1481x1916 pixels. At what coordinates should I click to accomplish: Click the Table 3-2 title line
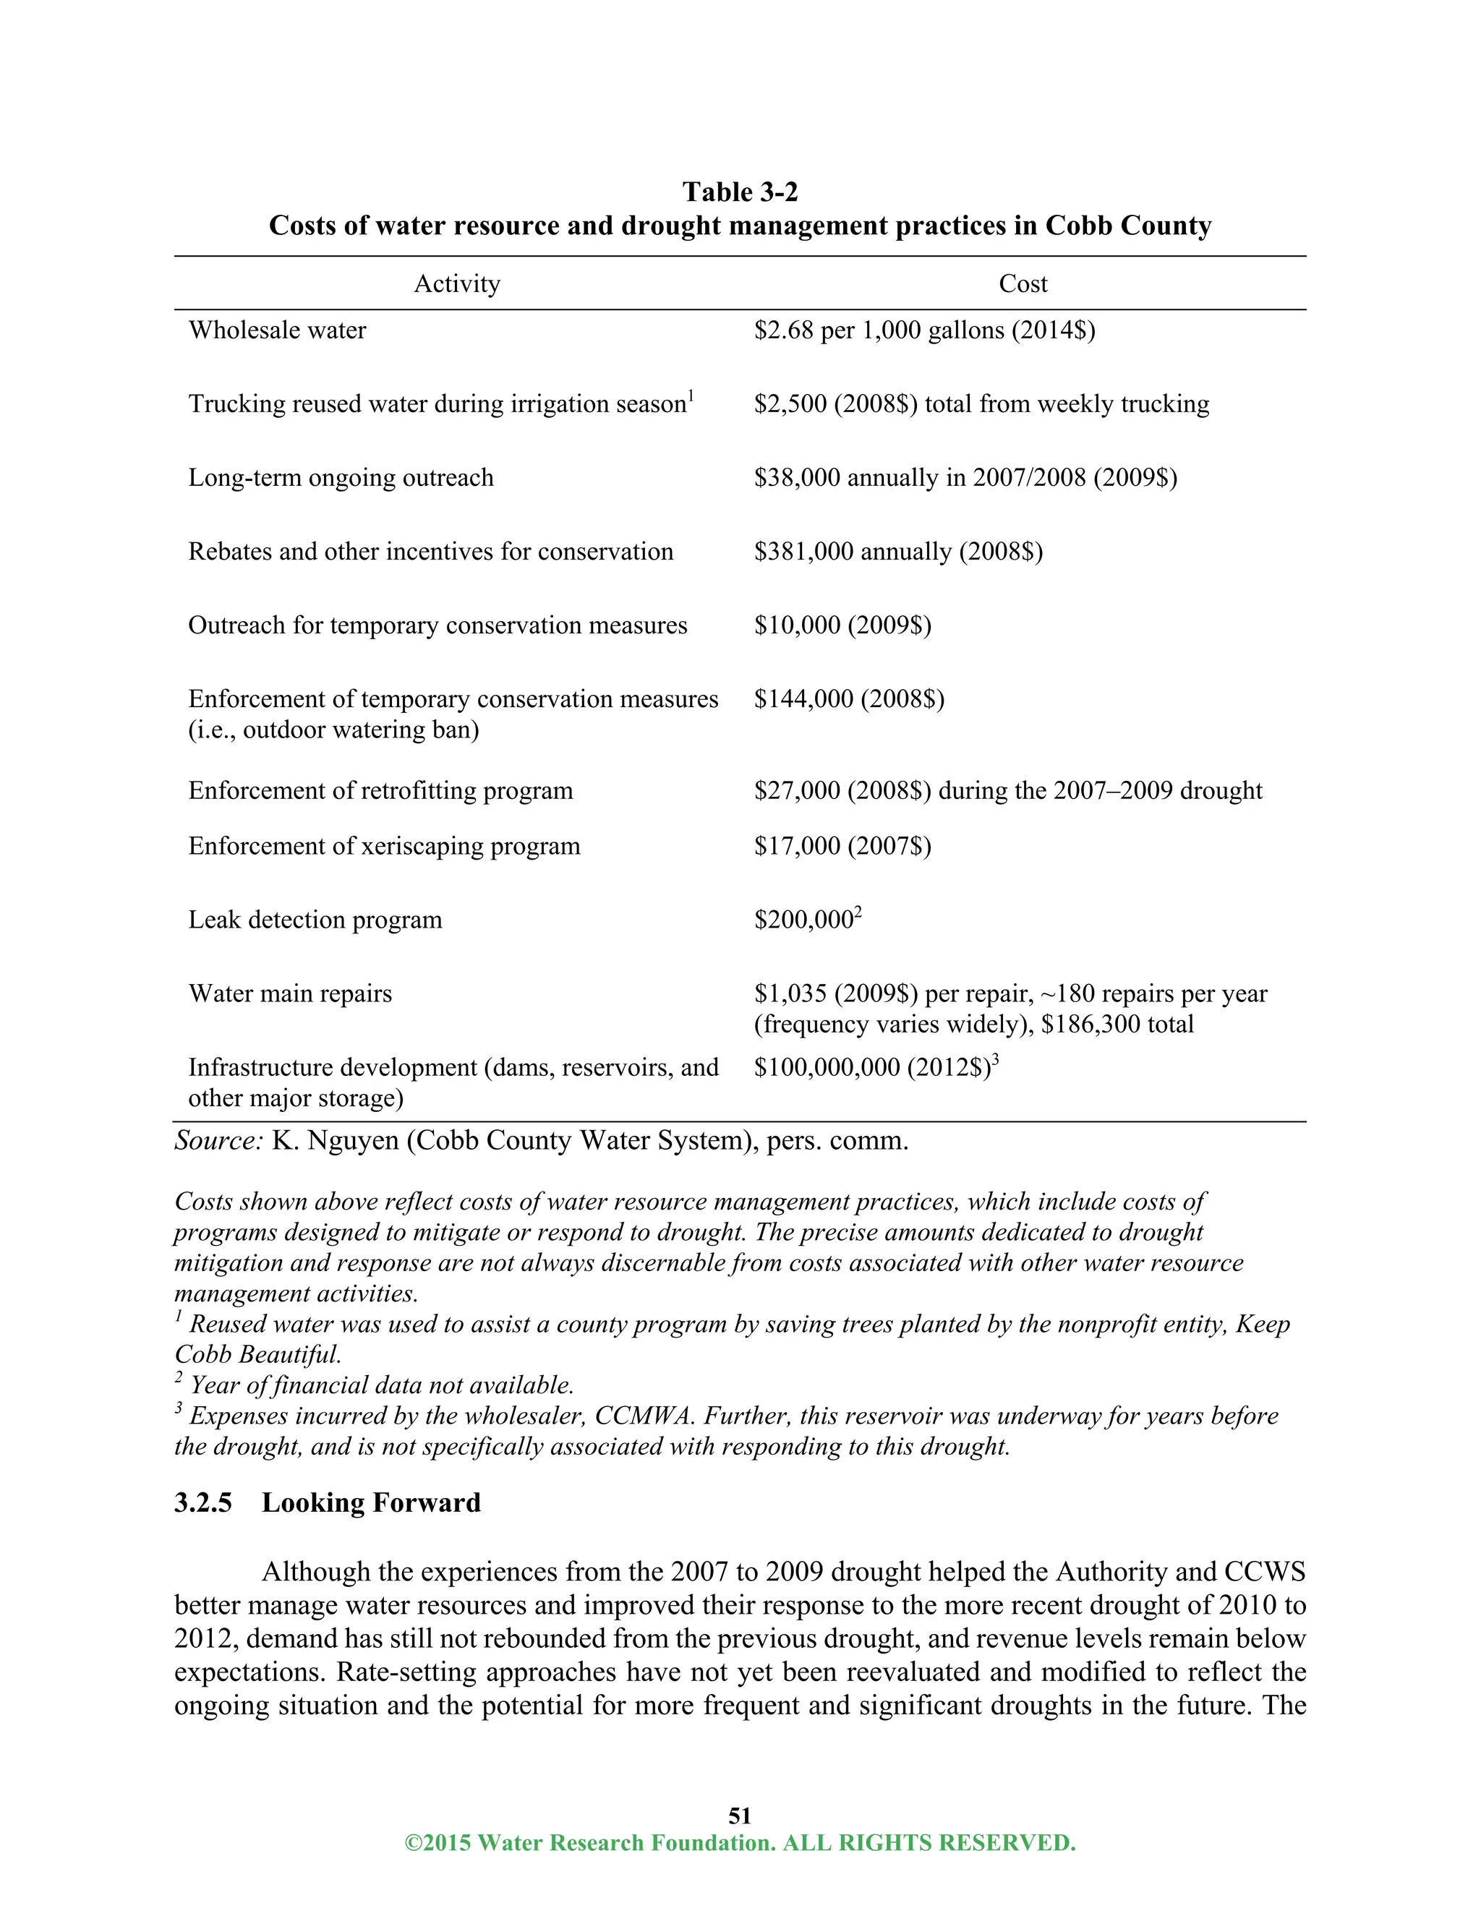click(x=740, y=192)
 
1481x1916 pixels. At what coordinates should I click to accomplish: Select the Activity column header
click(x=457, y=283)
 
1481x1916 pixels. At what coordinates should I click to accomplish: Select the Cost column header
click(x=1023, y=283)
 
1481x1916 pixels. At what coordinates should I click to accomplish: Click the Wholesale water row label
click(x=277, y=330)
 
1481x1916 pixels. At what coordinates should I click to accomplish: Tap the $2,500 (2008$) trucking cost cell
click(x=981, y=403)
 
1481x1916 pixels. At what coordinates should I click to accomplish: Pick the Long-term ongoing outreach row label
click(x=341, y=477)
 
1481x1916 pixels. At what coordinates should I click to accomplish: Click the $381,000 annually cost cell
click(x=897, y=551)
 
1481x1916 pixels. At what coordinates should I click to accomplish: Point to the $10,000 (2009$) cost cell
click(x=842, y=625)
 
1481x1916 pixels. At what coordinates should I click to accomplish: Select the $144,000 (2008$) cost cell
click(x=848, y=698)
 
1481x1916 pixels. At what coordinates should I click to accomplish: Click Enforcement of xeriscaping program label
click(x=384, y=846)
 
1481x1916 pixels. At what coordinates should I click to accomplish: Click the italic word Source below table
click(x=218, y=1140)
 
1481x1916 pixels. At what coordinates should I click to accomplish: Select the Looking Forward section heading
click(x=371, y=1503)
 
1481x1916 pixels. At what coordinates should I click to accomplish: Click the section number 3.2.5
click(x=202, y=1503)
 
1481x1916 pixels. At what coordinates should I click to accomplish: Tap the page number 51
click(x=740, y=1815)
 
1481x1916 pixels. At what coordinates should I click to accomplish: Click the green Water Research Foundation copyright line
click(x=740, y=1842)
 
